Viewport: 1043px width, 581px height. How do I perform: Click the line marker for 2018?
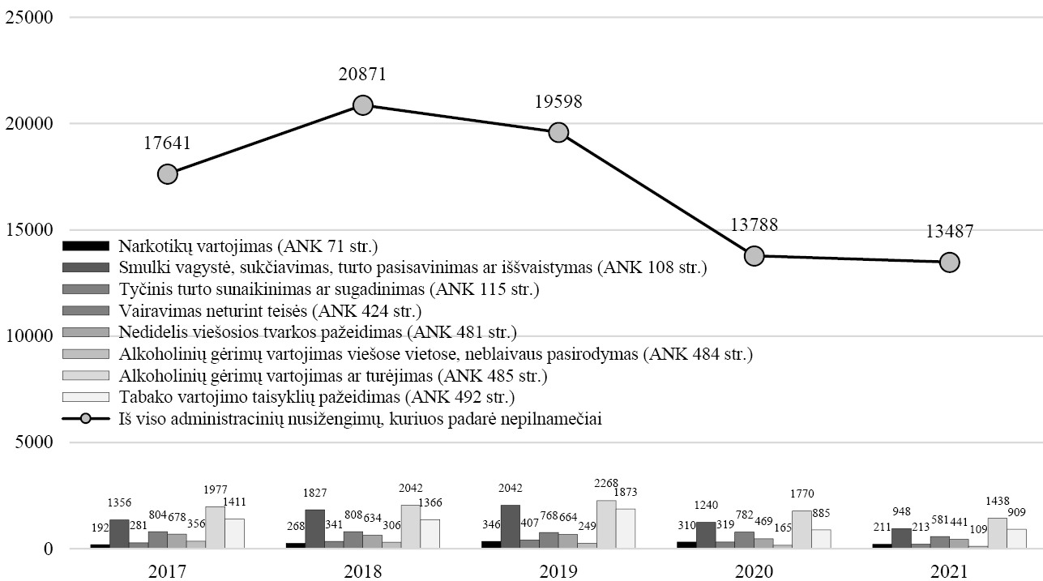[363, 105]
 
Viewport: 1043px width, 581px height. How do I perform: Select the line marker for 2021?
[949, 262]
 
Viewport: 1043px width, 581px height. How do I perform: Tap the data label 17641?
[167, 143]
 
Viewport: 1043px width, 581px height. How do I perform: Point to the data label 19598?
[558, 102]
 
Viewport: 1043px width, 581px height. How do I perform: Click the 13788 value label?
[754, 225]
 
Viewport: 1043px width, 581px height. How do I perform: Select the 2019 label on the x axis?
[558, 572]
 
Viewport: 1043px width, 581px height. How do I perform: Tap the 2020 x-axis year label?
[754, 572]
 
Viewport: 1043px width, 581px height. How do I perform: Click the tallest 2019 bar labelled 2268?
[606, 524]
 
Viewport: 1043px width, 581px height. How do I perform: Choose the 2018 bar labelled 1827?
[315, 529]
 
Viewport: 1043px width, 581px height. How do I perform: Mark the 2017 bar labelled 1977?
[216, 528]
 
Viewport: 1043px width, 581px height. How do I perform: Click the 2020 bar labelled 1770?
[801, 529]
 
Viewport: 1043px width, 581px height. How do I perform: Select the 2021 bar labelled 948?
[901, 538]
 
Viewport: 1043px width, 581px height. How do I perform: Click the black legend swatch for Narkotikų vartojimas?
[85, 246]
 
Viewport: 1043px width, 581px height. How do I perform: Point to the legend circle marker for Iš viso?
[85, 420]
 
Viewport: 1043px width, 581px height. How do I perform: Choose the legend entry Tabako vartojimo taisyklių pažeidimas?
[317, 398]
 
